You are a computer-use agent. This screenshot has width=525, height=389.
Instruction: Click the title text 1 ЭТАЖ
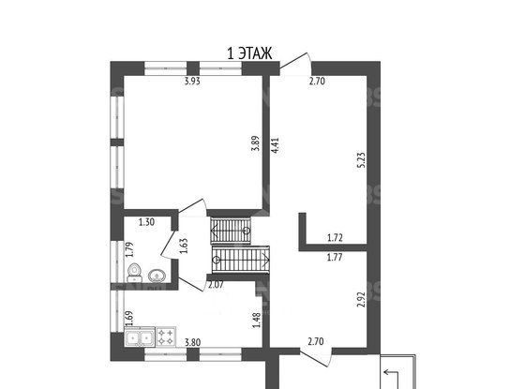point(249,53)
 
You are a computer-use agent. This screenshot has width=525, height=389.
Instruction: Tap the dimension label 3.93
point(192,82)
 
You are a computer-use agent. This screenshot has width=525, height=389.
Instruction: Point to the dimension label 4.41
point(276,146)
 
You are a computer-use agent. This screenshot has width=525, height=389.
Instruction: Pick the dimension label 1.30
point(146,222)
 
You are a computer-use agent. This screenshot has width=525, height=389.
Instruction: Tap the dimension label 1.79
point(129,249)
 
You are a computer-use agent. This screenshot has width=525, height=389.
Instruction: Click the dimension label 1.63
point(184,246)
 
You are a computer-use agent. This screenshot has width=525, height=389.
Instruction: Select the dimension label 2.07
point(216,285)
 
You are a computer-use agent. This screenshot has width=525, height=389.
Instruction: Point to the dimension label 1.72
point(335,238)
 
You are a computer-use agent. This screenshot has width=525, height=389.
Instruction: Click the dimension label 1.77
point(335,258)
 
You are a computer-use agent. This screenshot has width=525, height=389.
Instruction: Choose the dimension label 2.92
point(361,300)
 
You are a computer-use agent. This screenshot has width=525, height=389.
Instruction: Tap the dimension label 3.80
point(193,342)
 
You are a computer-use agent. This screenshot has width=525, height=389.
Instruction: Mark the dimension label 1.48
point(257,321)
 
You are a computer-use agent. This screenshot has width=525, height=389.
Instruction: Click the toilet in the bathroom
point(135,273)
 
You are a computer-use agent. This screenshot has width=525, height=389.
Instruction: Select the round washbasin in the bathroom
point(157,276)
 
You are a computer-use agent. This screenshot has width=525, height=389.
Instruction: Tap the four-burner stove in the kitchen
point(166,337)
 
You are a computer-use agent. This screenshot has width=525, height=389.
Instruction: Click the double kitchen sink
point(140,337)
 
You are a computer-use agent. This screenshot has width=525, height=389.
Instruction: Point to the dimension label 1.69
point(129,319)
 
